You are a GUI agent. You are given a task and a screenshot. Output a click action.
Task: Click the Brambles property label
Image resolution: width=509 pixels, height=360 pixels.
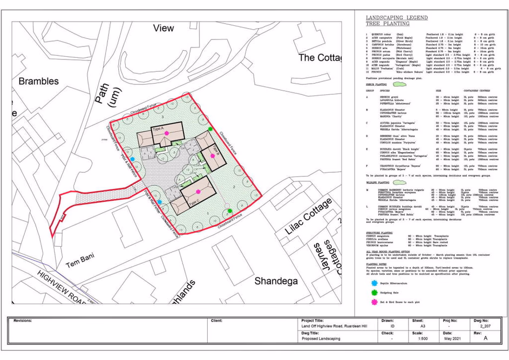pyautogui.click(x=38, y=81)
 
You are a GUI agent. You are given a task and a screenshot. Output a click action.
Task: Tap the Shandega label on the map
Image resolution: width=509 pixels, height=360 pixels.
pyautogui.click(x=276, y=281)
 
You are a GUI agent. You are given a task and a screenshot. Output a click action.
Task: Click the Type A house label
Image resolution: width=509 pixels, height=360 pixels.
pyautogui.click(x=159, y=128)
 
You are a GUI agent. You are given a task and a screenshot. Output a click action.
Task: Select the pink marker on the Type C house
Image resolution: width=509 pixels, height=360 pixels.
pyautogui.click(x=198, y=192)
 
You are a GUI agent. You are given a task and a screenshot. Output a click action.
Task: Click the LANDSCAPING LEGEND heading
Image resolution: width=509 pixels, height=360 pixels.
pyautogui.click(x=397, y=18)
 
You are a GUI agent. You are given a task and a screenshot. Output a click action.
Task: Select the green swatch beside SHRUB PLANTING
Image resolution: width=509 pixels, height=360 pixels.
pyautogui.click(x=400, y=84)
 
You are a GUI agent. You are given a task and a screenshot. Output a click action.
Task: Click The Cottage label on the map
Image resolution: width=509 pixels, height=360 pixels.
pyautogui.click(x=321, y=57)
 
